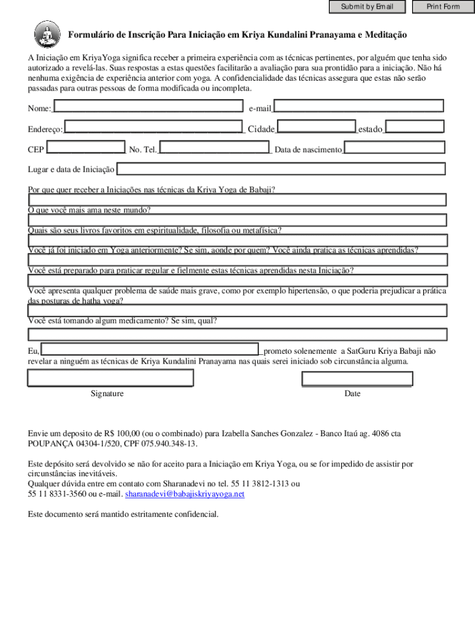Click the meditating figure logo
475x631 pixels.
(x=46, y=34)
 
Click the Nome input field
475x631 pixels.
(x=148, y=107)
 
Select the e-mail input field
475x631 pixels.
(x=358, y=107)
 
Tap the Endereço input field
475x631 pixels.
(x=154, y=128)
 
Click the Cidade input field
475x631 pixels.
(x=316, y=128)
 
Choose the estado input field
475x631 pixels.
(x=413, y=128)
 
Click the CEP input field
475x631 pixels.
(x=86, y=148)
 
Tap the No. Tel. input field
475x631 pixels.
(x=214, y=148)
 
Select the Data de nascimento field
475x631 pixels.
(x=395, y=148)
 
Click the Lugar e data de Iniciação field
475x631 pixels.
(x=281, y=169)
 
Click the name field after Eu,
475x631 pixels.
(x=150, y=349)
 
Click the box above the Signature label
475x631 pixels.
(x=110, y=378)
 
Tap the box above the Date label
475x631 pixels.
(x=357, y=378)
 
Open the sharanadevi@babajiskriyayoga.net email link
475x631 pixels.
(x=185, y=494)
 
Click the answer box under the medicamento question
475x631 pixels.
(x=238, y=335)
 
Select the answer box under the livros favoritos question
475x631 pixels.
(x=238, y=240)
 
